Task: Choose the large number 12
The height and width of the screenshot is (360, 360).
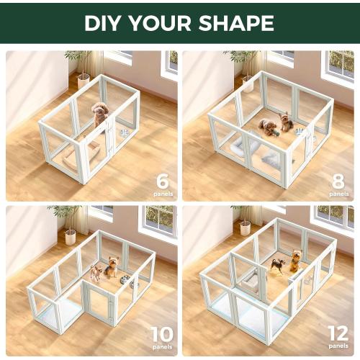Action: click(x=338, y=333)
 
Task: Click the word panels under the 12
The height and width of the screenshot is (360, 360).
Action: click(x=338, y=347)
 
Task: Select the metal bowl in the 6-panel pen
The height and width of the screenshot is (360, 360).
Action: click(x=124, y=133)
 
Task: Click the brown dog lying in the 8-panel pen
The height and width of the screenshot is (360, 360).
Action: click(x=269, y=127)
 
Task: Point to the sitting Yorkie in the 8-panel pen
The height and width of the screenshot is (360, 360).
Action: click(x=287, y=121)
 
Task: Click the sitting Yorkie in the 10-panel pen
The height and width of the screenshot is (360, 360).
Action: click(x=112, y=266)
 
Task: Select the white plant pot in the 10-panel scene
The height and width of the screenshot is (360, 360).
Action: click(x=71, y=236)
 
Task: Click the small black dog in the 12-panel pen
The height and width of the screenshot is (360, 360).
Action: click(x=277, y=266)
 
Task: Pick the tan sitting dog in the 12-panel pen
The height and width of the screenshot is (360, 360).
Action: click(x=295, y=261)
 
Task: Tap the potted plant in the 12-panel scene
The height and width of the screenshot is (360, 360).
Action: click(x=245, y=220)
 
